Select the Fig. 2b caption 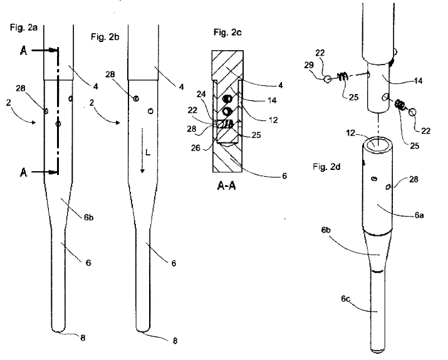[105, 36]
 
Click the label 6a [418, 214]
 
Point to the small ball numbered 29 [326, 80]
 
